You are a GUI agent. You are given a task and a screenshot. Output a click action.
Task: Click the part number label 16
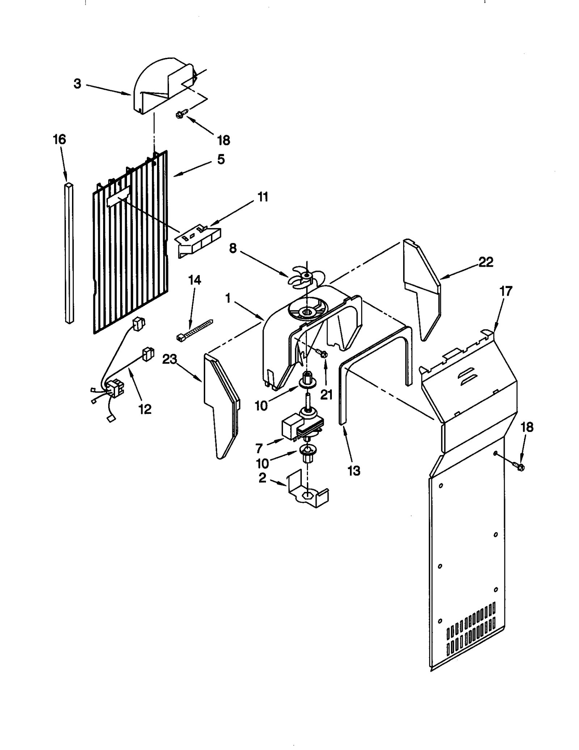point(60,140)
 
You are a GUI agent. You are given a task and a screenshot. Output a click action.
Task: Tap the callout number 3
point(77,84)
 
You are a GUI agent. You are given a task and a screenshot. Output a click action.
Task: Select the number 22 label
point(486,262)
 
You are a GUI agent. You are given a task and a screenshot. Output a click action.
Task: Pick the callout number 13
point(354,471)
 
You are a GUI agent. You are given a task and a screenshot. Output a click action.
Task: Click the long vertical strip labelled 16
point(69,253)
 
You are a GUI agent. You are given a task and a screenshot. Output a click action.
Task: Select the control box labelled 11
point(198,241)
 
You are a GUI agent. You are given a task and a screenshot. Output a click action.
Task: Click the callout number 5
point(221,159)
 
